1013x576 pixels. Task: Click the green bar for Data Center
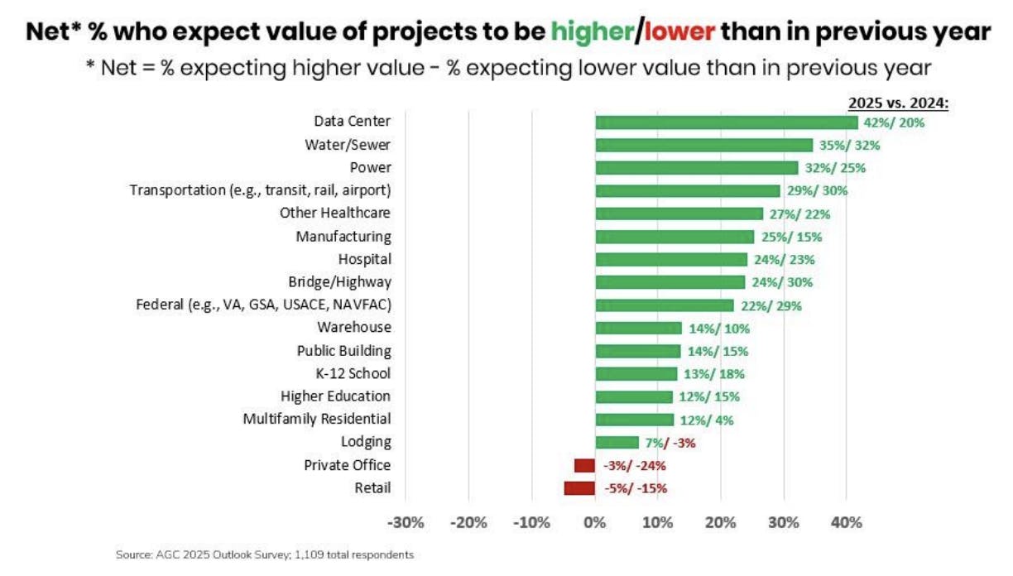click(727, 122)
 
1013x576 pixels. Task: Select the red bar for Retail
click(579, 488)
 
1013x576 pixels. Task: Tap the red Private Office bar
click(584, 465)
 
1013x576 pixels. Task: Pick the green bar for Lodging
click(617, 442)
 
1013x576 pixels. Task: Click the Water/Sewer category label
click(348, 145)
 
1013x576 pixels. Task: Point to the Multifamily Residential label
click(317, 419)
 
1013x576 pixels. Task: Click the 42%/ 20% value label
click(894, 122)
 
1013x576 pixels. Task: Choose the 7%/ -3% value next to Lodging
click(670, 442)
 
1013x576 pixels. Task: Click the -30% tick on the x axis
click(406, 523)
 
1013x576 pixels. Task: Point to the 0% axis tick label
click(594, 523)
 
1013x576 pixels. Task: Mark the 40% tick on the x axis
click(846, 523)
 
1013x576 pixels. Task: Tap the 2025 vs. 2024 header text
click(899, 103)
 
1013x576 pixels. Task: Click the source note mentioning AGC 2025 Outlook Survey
click(265, 554)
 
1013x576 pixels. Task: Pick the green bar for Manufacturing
click(675, 237)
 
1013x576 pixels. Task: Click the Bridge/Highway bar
click(670, 282)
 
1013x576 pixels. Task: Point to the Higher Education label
click(335, 396)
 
